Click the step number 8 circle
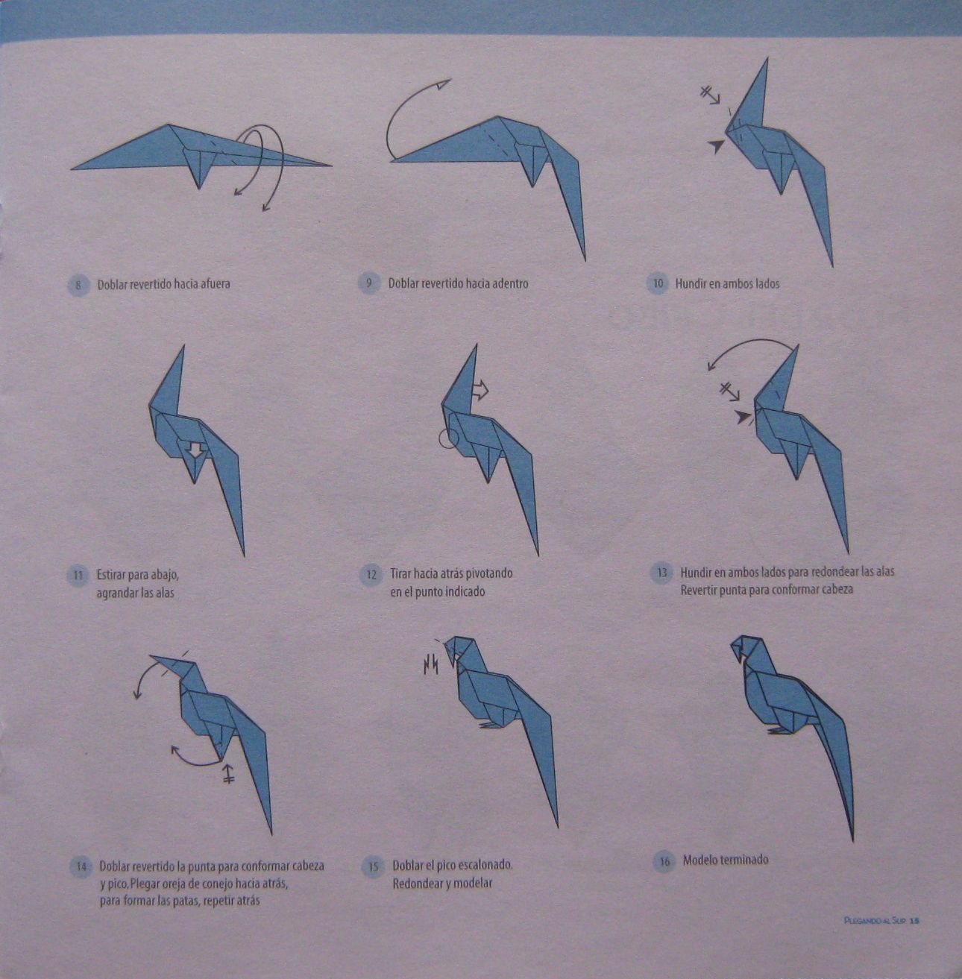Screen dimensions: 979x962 coord(78,284)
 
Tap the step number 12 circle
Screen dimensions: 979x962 coord(371,575)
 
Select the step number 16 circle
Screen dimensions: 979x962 coord(663,861)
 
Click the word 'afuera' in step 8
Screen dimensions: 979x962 coord(212,283)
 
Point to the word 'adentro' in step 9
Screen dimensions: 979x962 coord(510,283)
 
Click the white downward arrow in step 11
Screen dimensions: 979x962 coord(195,450)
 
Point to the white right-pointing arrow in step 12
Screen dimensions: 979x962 coord(480,389)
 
